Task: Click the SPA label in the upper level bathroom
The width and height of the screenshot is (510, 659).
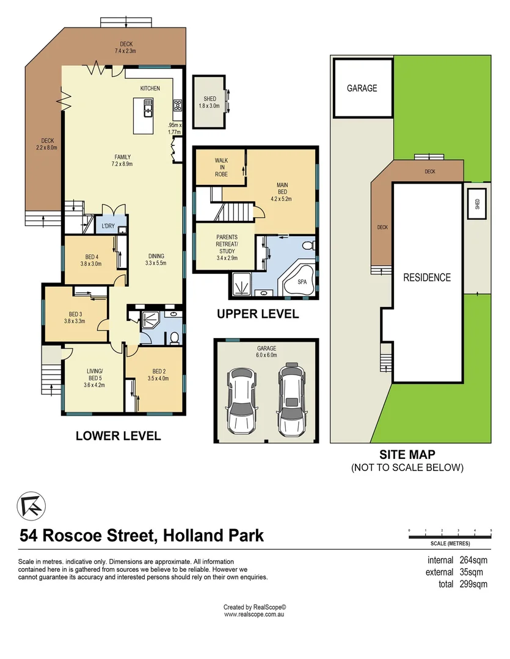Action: [x=302, y=282]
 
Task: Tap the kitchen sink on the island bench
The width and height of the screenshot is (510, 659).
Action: [x=148, y=110]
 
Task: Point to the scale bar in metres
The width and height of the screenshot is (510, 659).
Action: [x=450, y=536]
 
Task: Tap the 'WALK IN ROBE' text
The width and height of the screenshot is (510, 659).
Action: [x=220, y=167]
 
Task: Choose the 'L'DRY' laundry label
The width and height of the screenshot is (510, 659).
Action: [x=108, y=226]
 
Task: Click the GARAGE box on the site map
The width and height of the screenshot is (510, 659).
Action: [x=362, y=88]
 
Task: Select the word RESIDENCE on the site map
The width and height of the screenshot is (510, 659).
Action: [x=427, y=278]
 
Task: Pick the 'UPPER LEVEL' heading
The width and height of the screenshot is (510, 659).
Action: [x=258, y=314]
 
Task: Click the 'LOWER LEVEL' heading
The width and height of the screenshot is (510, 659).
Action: [x=118, y=436]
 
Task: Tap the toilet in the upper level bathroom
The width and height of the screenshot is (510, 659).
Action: [x=310, y=246]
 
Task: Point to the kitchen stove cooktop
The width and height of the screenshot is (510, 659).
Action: [x=178, y=105]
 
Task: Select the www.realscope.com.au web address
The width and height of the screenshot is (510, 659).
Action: [x=255, y=614]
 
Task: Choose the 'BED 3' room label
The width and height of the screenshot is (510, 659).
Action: [x=73, y=317]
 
